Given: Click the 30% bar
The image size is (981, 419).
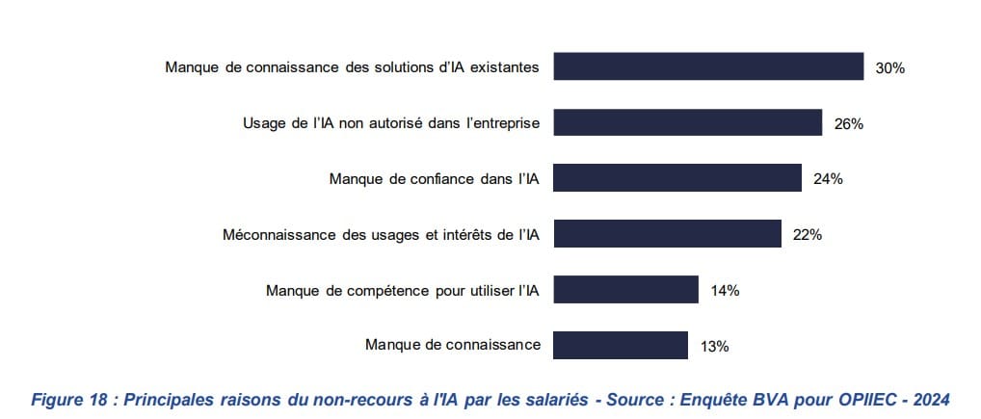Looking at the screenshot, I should pyautogui.click(x=708, y=66).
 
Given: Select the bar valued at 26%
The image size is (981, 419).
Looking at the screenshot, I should pyautogui.click(x=687, y=122).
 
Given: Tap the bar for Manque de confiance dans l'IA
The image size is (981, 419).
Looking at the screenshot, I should pyautogui.click(x=677, y=178).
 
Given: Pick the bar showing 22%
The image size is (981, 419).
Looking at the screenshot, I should pyautogui.click(x=667, y=234).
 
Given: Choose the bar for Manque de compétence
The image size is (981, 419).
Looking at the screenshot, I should pyautogui.click(x=625, y=290).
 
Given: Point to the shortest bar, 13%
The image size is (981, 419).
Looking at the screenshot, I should pyautogui.click(x=621, y=345).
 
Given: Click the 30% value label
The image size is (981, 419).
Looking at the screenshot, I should pyautogui.click(x=889, y=67).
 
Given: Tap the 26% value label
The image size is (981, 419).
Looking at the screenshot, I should pyautogui.click(x=848, y=123).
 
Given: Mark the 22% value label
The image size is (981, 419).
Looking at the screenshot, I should pyautogui.click(x=807, y=234).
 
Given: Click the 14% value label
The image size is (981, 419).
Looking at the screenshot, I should pyautogui.click(x=725, y=290).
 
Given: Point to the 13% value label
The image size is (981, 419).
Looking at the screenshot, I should pyautogui.click(x=714, y=345).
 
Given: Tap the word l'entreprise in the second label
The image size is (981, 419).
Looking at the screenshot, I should pyautogui.click(x=498, y=123).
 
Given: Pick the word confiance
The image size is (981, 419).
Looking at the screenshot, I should pyautogui.click(x=431, y=178).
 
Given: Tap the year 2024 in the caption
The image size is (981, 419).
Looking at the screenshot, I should pyautogui.click(x=931, y=399).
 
